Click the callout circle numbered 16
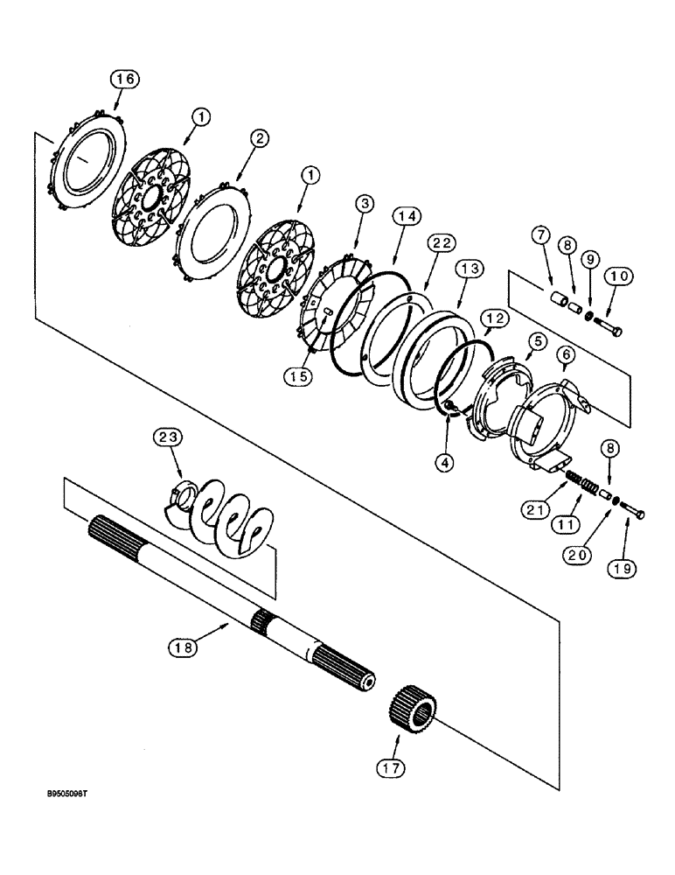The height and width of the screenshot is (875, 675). [x=124, y=79]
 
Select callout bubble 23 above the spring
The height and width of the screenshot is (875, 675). [x=169, y=436]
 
